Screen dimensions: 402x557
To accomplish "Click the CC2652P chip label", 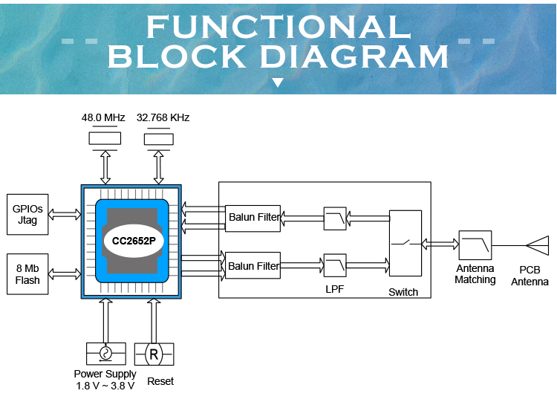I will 133,241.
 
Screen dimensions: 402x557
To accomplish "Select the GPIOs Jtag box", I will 27,214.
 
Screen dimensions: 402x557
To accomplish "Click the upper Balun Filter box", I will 253,218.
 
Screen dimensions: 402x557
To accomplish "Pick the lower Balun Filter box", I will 253,265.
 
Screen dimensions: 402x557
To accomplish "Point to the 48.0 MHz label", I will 103,118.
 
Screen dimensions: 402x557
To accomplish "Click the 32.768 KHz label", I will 163,118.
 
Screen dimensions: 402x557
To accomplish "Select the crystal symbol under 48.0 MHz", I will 103,139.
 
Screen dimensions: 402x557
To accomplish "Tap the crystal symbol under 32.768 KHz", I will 158,139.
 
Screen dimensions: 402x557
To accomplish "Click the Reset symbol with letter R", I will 154,354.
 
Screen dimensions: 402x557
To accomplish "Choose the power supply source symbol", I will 105,354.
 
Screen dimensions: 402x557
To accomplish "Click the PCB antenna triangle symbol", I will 537,245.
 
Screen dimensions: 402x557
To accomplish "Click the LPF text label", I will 335,288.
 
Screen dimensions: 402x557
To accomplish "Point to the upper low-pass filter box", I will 335,218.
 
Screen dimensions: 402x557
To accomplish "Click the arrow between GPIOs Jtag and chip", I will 65,215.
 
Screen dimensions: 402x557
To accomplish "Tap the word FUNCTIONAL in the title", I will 278,27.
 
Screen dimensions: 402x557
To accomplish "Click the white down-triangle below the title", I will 278,82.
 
